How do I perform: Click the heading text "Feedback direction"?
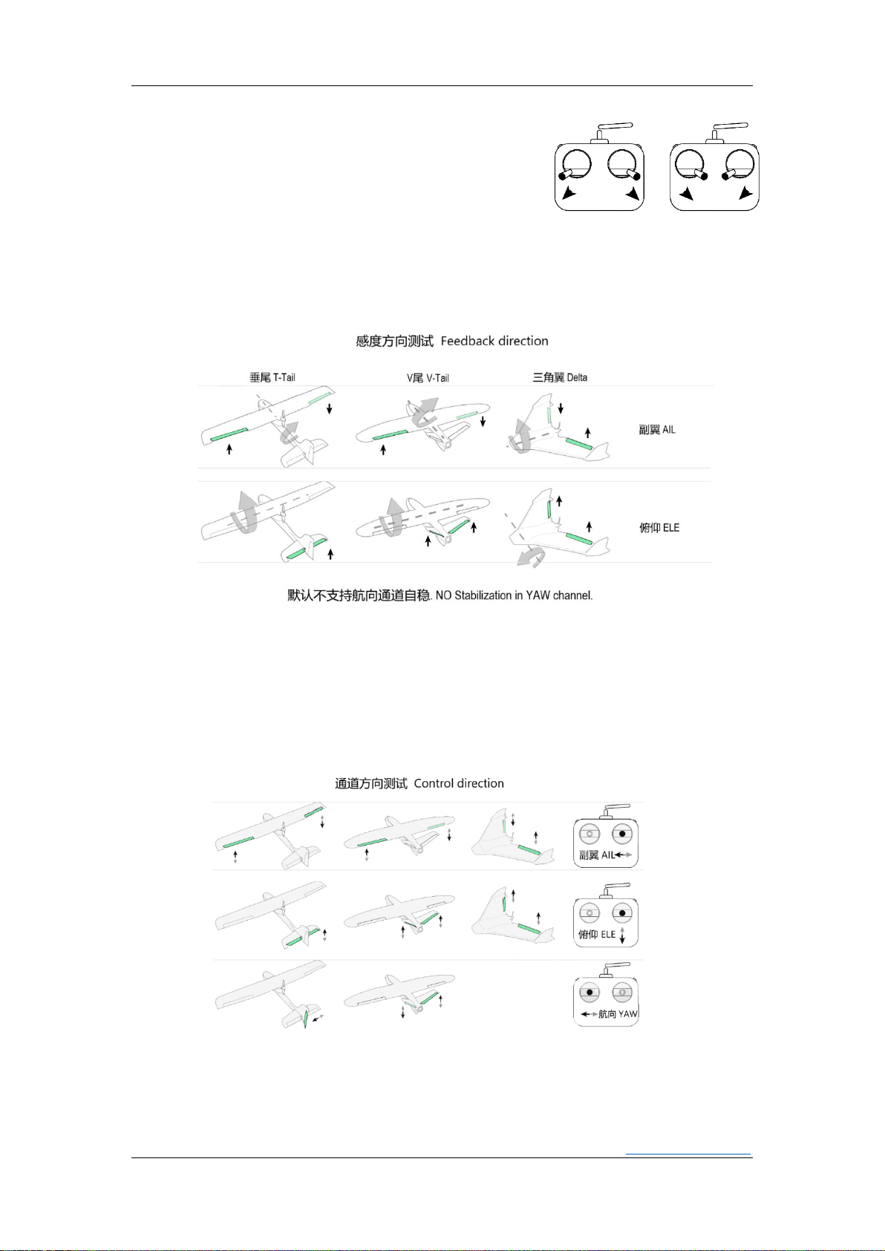coord(494,341)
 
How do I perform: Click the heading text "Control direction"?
coord(458,783)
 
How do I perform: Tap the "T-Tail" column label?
coord(284,378)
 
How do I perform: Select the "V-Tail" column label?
coord(437,378)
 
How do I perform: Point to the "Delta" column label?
coord(577,378)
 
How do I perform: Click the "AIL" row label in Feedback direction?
coord(668,429)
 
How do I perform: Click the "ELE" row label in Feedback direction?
coord(670,528)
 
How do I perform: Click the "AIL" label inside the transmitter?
coord(607,855)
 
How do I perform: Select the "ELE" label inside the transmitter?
coord(608,934)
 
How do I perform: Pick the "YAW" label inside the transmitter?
coord(627,1013)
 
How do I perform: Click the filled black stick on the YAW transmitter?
coord(590,993)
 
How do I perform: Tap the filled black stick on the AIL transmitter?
coord(622,834)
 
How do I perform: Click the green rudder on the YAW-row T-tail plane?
coord(305,1019)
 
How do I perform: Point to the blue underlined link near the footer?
coord(688,1153)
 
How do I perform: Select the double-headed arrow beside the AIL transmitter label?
coord(624,855)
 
